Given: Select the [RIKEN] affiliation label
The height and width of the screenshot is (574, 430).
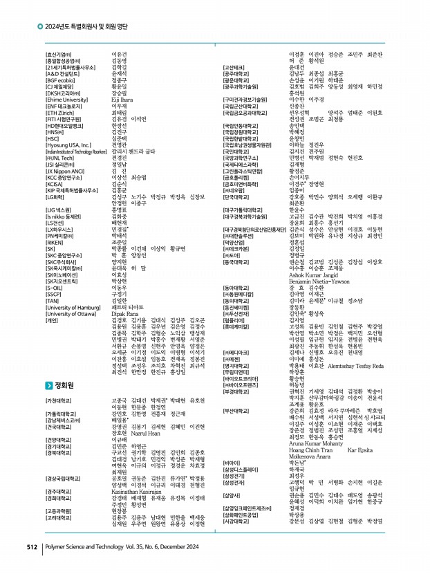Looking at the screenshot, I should tap(55, 243).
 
